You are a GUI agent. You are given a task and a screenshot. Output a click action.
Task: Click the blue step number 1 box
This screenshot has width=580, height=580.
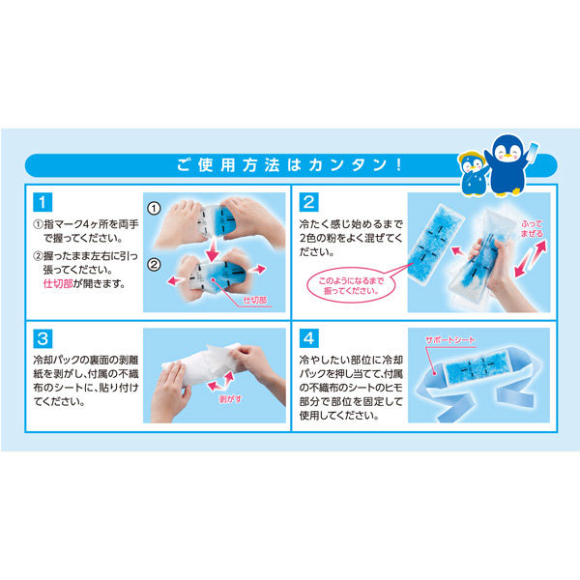pyautogui.click(x=43, y=202)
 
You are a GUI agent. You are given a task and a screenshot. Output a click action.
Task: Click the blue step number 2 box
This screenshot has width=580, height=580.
pyautogui.click(x=308, y=202)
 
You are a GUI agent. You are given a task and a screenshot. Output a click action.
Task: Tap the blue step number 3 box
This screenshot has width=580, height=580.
pyautogui.click(x=43, y=338)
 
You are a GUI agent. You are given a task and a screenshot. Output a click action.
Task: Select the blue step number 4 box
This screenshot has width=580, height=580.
pyautogui.click(x=308, y=338)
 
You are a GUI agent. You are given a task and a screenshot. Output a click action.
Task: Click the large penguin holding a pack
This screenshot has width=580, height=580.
pyautogui.click(x=511, y=165)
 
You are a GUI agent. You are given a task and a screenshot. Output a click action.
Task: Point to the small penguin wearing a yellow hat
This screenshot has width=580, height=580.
pyautogui.click(x=474, y=173)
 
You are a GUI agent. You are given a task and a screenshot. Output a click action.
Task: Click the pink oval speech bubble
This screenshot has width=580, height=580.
pyautogui.click(x=351, y=285)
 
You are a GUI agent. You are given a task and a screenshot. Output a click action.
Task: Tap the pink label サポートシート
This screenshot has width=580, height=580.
pyautogui.click(x=449, y=340)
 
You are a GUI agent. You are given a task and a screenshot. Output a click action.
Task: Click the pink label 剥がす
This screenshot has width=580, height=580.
pyautogui.click(x=230, y=399)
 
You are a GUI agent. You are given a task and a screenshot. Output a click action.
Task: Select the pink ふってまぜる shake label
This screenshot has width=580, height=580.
pyautogui.click(x=532, y=228)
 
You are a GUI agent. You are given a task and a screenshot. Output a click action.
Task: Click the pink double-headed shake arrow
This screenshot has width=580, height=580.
pyautogui.click(x=530, y=259)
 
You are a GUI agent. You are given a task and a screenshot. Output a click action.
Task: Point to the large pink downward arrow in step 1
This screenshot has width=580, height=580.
pyautogui.click(x=213, y=250)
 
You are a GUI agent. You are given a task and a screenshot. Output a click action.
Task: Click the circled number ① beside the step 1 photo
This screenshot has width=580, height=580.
pyautogui.click(x=154, y=209)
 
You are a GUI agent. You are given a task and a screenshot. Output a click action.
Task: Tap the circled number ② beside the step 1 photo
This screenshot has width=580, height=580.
pyautogui.click(x=154, y=265)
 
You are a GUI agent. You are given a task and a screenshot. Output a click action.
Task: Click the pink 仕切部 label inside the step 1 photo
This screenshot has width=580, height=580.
pyautogui.click(x=255, y=300)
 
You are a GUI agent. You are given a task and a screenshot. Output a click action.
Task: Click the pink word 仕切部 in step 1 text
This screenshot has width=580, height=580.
pyautogui.click(x=58, y=283)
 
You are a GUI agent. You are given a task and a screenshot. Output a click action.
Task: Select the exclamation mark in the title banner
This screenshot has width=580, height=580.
pyautogui.click(x=398, y=165)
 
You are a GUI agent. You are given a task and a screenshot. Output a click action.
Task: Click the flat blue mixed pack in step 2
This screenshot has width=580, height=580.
pyautogui.click(x=436, y=245)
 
